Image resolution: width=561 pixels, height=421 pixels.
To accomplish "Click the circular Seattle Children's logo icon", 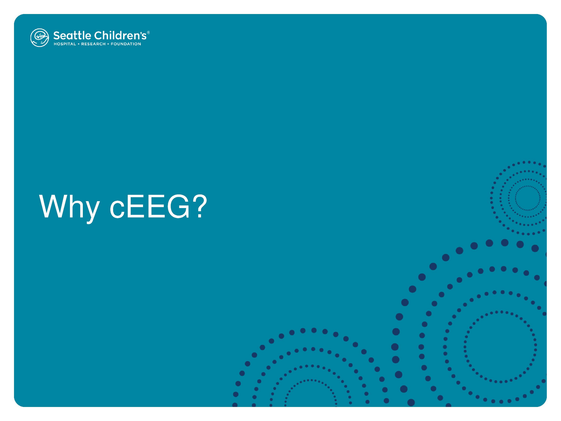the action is pos(40,37).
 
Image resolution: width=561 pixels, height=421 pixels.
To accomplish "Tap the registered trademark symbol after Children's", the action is pos(148,32).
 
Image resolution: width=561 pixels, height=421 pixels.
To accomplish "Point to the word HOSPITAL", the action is pos(65,44).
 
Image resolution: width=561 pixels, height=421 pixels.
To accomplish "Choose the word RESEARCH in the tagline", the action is pos(93,44).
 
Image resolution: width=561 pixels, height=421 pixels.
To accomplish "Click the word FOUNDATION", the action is pos(126,44).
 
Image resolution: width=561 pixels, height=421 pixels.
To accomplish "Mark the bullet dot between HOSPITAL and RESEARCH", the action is pos(79,44).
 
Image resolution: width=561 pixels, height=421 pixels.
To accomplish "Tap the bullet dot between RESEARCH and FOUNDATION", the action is pos(108,44).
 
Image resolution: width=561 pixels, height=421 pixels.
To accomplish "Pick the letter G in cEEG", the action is pos(179,206).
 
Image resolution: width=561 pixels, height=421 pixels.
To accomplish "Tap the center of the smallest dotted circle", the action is pos(527,198).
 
